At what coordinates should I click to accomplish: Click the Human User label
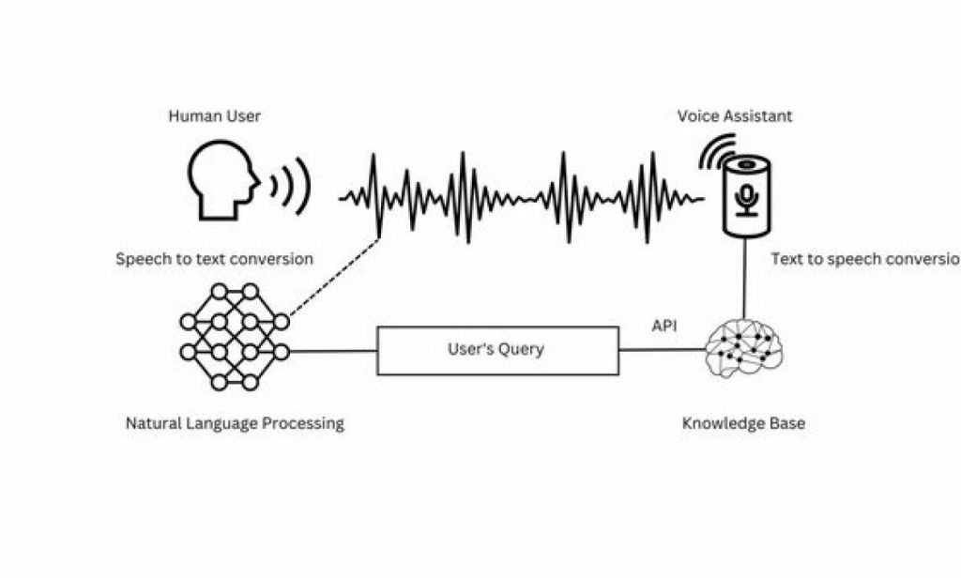[214, 116]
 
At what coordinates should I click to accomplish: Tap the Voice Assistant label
[735, 116]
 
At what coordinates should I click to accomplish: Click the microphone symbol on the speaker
[748, 199]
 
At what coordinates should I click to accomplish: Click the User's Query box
[497, 350]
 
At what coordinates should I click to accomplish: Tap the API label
[664, 327]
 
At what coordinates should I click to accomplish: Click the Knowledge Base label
[743, 423]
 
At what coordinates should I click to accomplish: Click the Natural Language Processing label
[235, 423]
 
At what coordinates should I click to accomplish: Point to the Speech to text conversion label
[214, 259]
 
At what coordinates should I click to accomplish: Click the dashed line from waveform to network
[333, 276]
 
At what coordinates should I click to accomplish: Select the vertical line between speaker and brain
[746, 277]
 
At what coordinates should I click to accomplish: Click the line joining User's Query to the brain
[662, 350]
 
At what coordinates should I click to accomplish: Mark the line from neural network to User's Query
[333, 352]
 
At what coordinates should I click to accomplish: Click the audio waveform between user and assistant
[521, 195]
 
